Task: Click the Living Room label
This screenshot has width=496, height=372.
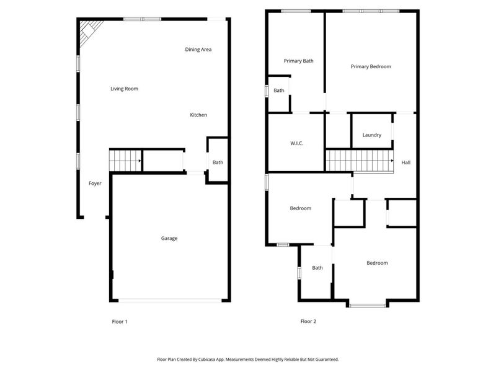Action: (124, 89)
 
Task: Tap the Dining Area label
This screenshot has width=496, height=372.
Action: (198, 50)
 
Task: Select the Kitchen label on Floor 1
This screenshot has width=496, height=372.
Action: (198, 115)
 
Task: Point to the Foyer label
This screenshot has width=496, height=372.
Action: (95, 184)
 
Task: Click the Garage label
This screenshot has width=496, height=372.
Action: (169, 238)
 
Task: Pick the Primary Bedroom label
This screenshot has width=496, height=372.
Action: (371, 66)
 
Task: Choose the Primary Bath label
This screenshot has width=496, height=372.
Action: (298, 61)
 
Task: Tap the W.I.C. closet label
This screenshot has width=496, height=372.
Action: (296, 144)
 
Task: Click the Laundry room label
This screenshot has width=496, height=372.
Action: (371, 135)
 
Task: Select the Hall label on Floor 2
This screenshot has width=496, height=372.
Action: (406, 162)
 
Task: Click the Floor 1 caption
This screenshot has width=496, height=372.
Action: (119, 321)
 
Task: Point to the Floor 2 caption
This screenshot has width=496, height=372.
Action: (308, 321)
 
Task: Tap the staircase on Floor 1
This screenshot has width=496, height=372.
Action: (125, 161)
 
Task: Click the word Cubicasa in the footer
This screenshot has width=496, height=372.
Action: (211, 359)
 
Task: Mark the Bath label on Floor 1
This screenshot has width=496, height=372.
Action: (218, 162)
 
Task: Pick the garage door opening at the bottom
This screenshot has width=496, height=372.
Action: (169, 301)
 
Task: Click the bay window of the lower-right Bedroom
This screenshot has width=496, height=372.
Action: (367, 304)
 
